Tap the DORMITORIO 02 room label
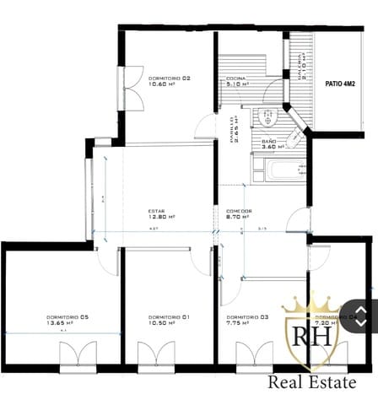(x=169, y=81)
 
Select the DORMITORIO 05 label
(x=67, y=319)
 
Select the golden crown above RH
(x=313, y=303)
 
